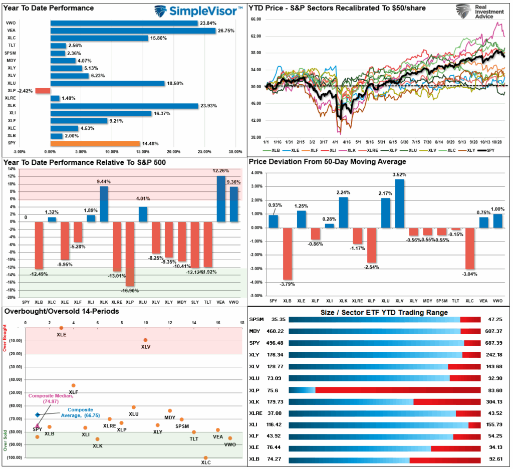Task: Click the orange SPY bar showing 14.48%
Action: tap(95, 144)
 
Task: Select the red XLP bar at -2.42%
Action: tap(43, 91)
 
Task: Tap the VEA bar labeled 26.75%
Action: tap(133, 31)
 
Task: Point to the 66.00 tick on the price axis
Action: tap(255, 19)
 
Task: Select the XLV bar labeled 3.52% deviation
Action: tap(399, 203)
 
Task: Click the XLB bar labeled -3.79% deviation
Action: tap(287, 254)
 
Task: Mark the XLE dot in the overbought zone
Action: tap(61, 328)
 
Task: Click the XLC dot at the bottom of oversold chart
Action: tap(205, 457)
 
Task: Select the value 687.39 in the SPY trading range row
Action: tap(495, 343)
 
